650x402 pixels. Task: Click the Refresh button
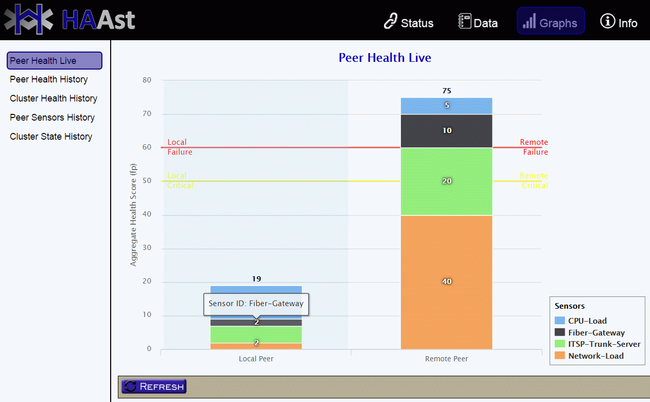154,387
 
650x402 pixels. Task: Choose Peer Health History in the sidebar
49,79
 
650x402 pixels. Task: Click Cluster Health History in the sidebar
54,98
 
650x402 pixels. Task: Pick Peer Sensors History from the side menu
52,118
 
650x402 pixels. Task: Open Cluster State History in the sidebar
51,137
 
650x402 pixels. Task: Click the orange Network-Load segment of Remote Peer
446,282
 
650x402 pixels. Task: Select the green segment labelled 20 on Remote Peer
446,181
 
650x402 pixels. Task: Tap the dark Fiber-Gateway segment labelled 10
446,131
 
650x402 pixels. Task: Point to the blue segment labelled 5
446,106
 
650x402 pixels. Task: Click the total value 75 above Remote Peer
447,91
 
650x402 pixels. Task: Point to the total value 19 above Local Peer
256,279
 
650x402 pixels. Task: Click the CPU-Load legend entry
581,321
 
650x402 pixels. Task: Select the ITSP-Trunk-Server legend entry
597,344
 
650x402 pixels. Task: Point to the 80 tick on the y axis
147,80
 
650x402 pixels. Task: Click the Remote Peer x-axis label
446,359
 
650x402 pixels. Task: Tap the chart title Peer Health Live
385,58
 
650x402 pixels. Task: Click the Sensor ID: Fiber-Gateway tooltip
256,304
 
